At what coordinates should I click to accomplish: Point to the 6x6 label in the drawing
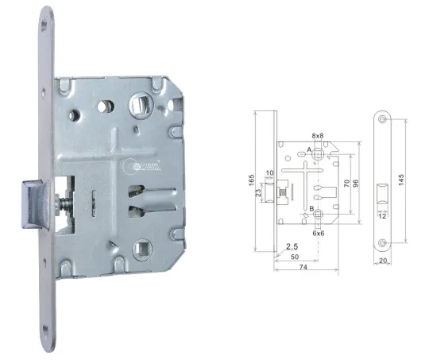coord(318,234)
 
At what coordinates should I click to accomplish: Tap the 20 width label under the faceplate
coord(383,261)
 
